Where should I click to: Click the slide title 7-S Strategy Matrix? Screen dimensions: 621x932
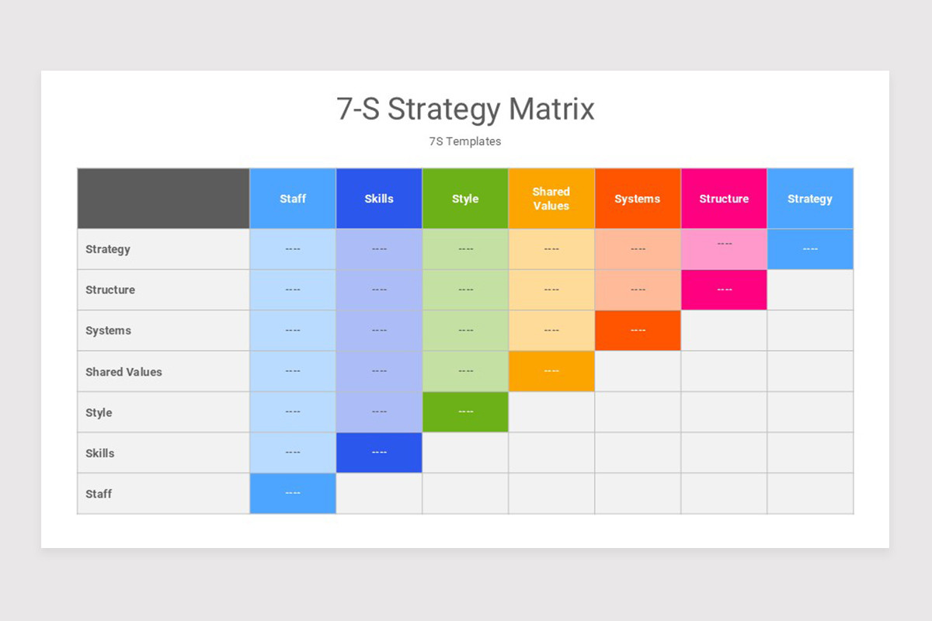pyautogui.click(x=465, y=109)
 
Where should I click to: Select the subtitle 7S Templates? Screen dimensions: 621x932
pyautogui.click(x=465, y=141)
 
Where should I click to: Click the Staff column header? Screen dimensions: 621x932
pyautogui.click(x=293, y=199)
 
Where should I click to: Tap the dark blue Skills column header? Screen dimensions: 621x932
pyautogui.click(x=379, y=199)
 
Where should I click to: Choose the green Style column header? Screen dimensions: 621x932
pyautogui.click(x=465, y=199)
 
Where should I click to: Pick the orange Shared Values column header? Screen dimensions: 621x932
pyautogui.click(x=551, y=199)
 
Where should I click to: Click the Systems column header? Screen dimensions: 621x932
pyautogui.click(x=638, y=199)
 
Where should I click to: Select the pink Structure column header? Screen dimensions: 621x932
pyautogui.click(x=724, y=199)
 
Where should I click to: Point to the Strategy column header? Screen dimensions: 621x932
pyautogui.click(x=810, y=199)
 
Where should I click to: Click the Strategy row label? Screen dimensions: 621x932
pyautogui.click(x=108, y=249)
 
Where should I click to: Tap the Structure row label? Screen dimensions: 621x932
pyautogui.click(x=110, y=290)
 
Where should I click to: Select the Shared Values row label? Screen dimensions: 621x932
pyautogui.click(x=123, y=372)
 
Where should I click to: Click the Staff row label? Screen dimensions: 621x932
pyautogui.click(x=99, y=494)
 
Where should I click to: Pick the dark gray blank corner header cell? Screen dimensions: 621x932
pyautogui.click(x=163, y=199)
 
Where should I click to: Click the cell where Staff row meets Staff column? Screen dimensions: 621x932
pyautogui.click(x=293, y=494)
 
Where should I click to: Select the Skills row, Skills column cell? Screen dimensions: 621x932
pyautogui.click(x=379, y=453)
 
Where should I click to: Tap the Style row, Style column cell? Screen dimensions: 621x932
pyautogui.click(x=465, y=412)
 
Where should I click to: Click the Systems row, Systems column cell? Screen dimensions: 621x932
pyautogui.click(x=638, y=331)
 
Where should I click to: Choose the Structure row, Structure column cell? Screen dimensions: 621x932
pyautogui.click(x=724, y=290)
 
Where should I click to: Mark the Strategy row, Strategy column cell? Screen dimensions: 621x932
pyautogui.click(x=810, y=249)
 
